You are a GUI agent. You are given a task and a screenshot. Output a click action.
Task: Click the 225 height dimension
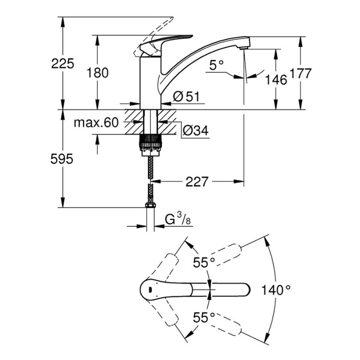pyautogui.click(x=63, y=64)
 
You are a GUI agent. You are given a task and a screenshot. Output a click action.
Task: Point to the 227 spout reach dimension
pyautogui.click(x=196, y=182)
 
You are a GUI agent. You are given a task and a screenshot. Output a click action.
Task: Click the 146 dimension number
pyautogui.click(x=276, y=80)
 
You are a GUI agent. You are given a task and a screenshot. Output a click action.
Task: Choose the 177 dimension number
pyautogui.click(x=301, y=74)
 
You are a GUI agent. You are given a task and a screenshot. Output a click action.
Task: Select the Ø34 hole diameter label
pyautogui.click(x=195, y=131)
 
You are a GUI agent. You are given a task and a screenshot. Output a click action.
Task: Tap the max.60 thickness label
pyautogui.click(x=95, y=122)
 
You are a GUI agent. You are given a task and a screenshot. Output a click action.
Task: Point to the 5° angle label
pyautogui.click(x=216, y=66)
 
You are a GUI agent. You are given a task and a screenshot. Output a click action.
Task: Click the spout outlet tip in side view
pyautogui.click(x=243, y=44)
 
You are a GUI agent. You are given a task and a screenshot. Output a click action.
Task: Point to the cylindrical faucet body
pyautogui.click(x=150, y=81)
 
